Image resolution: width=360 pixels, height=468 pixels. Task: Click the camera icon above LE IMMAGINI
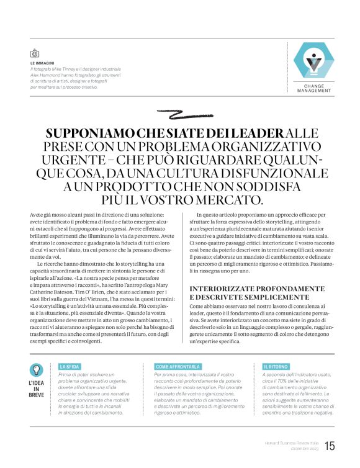(35, 54)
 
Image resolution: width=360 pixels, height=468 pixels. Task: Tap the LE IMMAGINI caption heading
(42, 63)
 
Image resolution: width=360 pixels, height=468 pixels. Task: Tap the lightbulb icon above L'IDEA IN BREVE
(37, 371)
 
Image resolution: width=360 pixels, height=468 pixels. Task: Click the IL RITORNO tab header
(269, 367)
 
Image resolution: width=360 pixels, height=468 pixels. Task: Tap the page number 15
(329, 446)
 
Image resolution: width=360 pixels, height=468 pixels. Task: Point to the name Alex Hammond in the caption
(48, 75)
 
